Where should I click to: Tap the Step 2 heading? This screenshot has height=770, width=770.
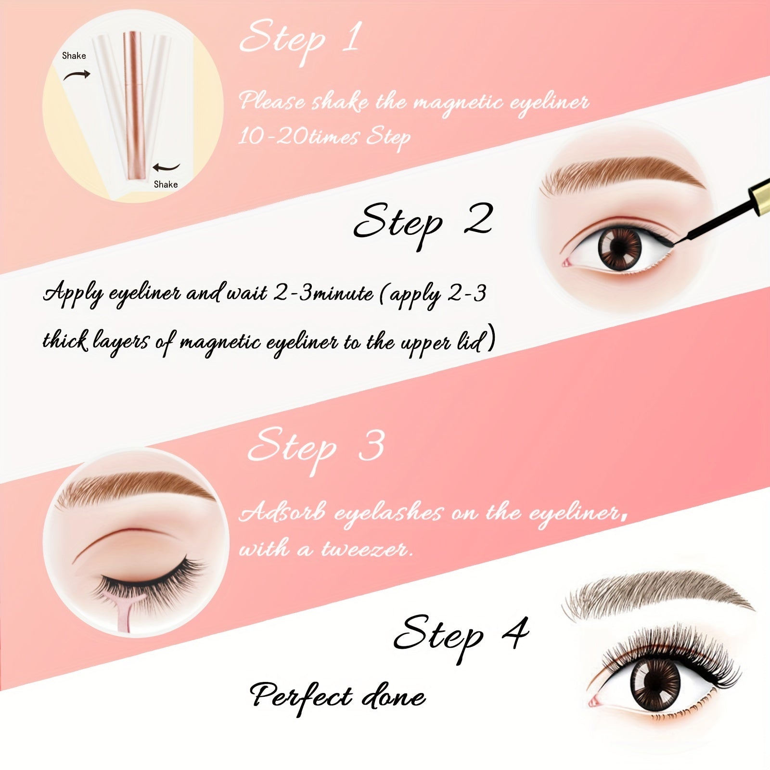[423, 222]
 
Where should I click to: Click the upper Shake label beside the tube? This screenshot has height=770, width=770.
[74, 56]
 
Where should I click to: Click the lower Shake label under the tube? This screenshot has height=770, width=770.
[166, 184]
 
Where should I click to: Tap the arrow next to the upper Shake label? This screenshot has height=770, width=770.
[77, 75]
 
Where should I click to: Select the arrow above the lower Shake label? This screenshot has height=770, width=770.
[166, 167]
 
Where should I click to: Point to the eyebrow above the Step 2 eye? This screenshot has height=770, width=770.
[621, 173]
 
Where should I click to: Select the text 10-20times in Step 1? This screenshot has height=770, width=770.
[298, 137]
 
